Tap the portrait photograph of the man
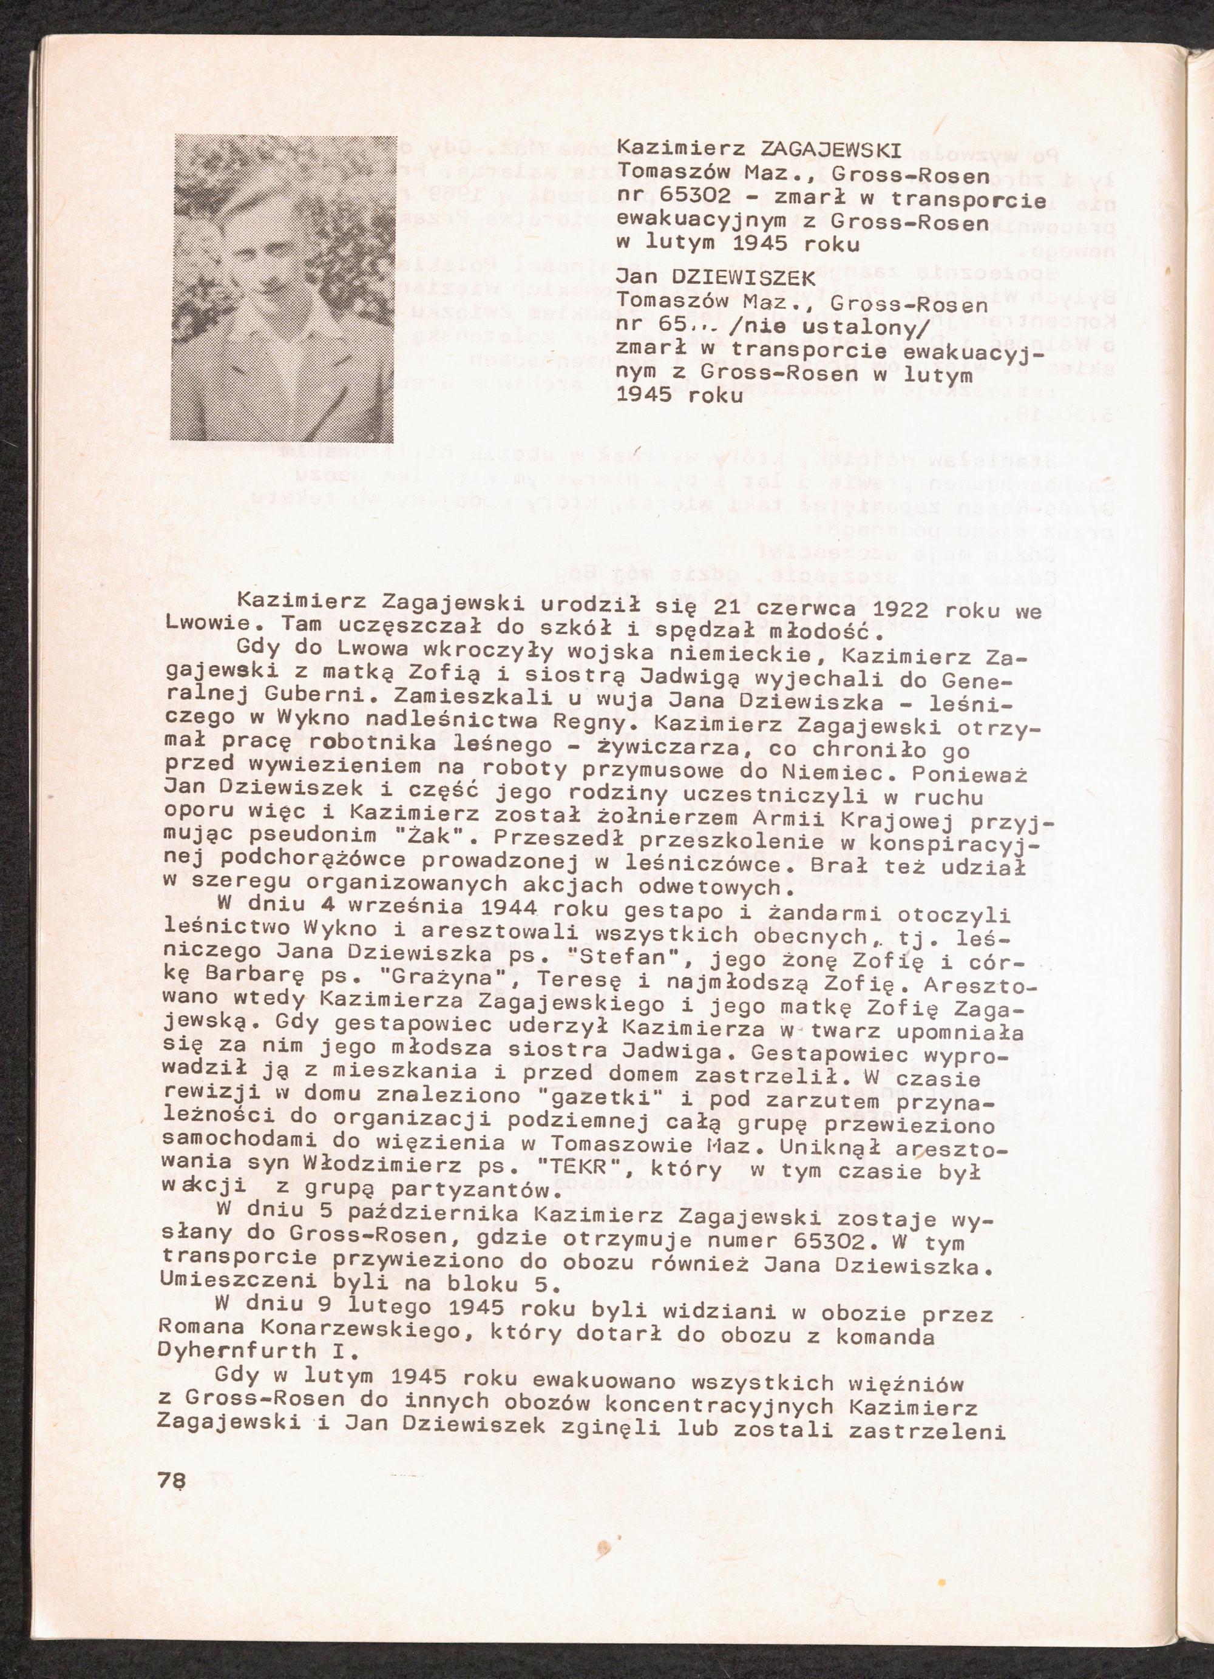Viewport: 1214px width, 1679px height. (282, 289)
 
